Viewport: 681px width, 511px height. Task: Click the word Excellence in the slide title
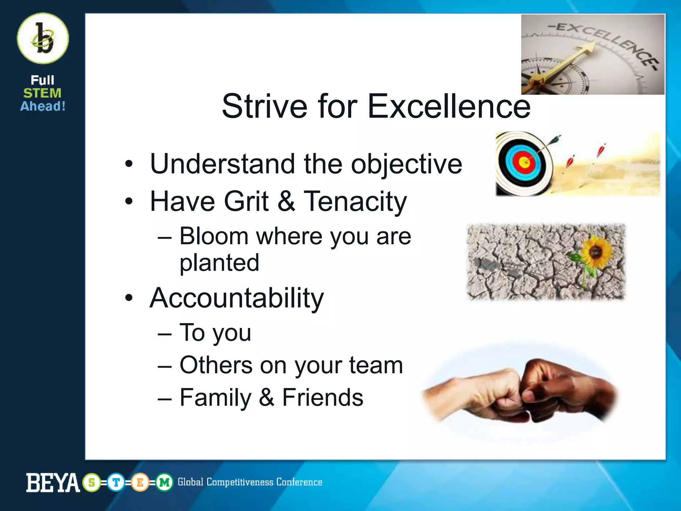[449, 106]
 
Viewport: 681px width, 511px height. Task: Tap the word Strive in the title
[264, 106]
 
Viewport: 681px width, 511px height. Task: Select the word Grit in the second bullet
[246, 201]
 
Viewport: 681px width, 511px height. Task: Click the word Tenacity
[355, 201]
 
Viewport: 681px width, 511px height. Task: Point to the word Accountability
[236, 298]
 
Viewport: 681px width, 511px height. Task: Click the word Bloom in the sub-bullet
[214, 236]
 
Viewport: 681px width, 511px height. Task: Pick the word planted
[219, 263]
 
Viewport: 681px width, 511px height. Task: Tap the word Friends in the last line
[323, 398]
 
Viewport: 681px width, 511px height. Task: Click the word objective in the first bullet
[406, 164]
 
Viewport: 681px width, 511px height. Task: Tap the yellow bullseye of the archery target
[524, 163]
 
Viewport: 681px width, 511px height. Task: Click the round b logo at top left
[43, 38]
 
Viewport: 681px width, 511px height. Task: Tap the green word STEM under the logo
[42, 93]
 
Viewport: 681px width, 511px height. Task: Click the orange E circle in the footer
[140, 482]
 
